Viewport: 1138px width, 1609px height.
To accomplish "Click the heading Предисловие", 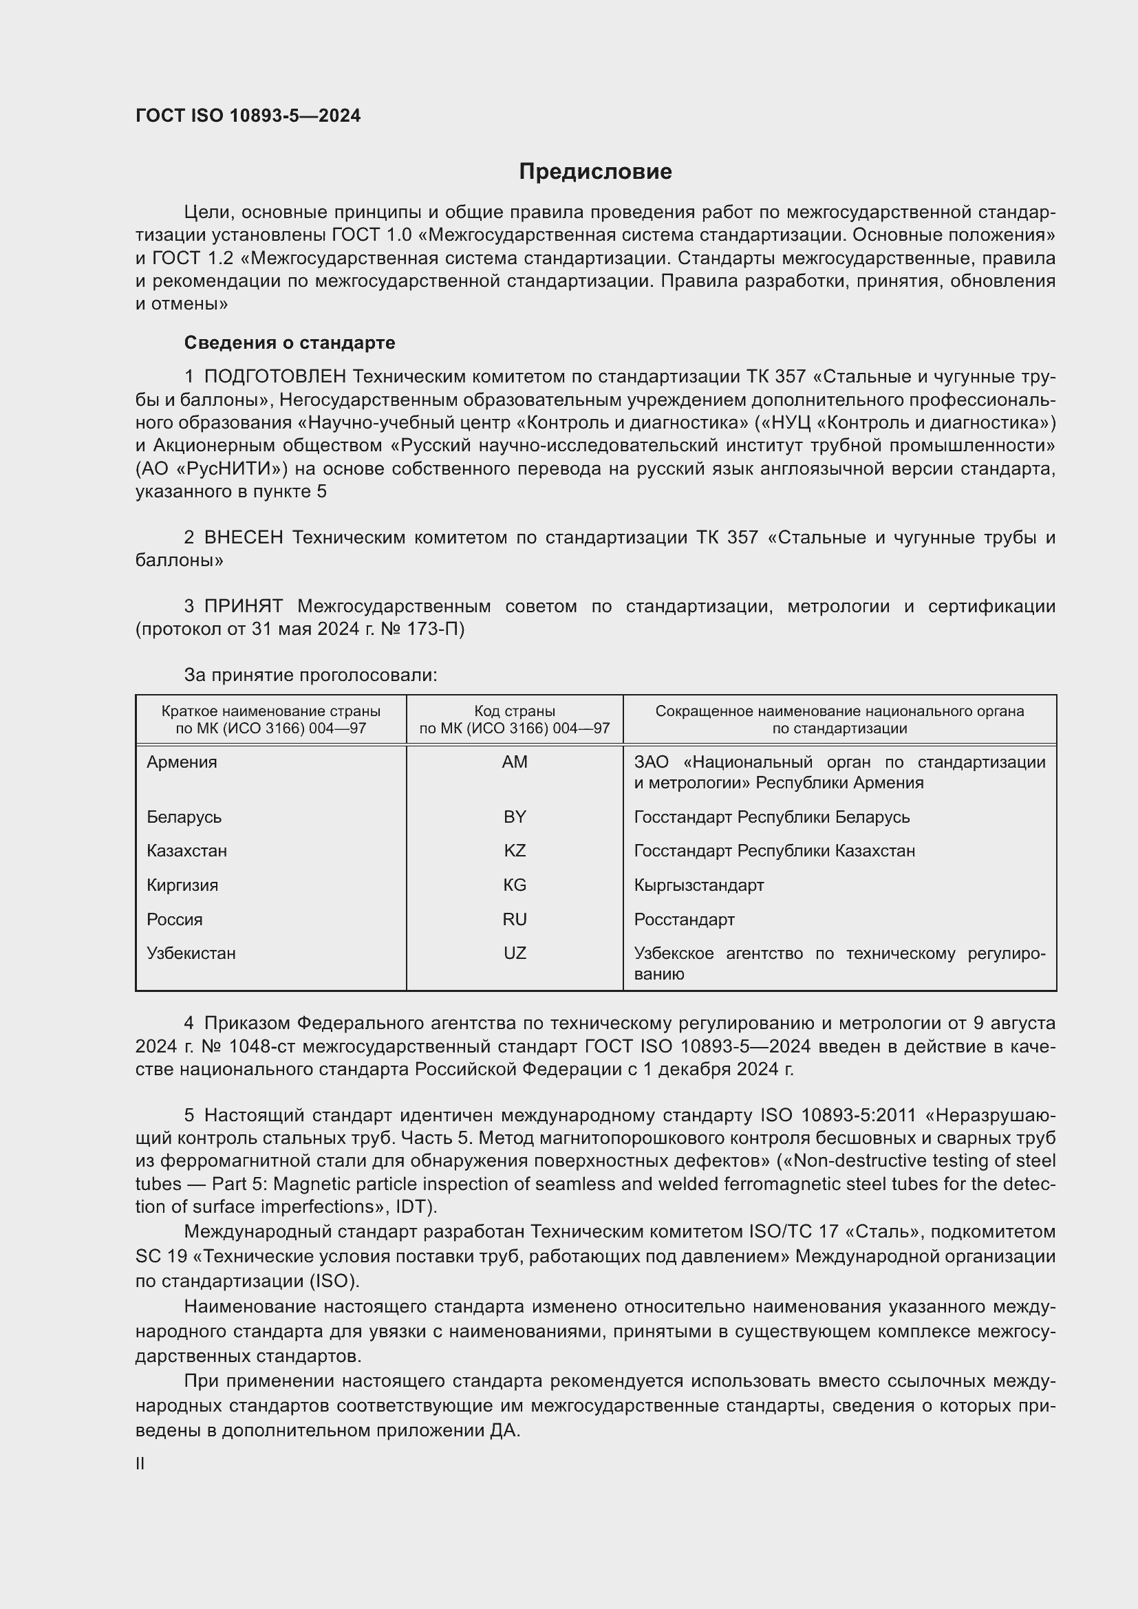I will (x=595, y=172).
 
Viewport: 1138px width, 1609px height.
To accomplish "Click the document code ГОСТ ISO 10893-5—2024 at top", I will (x=248, y=116).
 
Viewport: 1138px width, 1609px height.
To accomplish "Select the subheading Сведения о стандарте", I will (x=290, y=343).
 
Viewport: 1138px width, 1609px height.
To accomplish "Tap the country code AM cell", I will (x=515, y=762).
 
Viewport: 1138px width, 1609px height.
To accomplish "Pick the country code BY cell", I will (x=515, y=817).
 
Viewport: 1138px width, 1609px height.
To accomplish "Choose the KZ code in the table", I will (x=515, y=851).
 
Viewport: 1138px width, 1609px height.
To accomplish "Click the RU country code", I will (x=515, y=919).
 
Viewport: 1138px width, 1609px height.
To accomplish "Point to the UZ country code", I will (x=515, y=953).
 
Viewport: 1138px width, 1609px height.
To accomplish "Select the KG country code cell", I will (x=515, y=885).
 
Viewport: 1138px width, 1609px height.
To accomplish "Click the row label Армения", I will (x=182, y=762).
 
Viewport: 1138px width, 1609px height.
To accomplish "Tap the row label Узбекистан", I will (x=191, y=953).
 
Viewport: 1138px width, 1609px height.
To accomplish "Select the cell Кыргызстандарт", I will (x=698, y=885).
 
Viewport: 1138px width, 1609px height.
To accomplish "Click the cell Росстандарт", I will (x=684, y=919).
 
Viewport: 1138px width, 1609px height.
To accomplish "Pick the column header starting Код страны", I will (x=515, y=720).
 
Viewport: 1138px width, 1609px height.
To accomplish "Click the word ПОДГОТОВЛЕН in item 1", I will (x=275, y=377).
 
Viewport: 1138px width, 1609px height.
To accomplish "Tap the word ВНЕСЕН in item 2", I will (x=243, y=537).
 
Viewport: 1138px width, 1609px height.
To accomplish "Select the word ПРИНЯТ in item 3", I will (x=243, y=606).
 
